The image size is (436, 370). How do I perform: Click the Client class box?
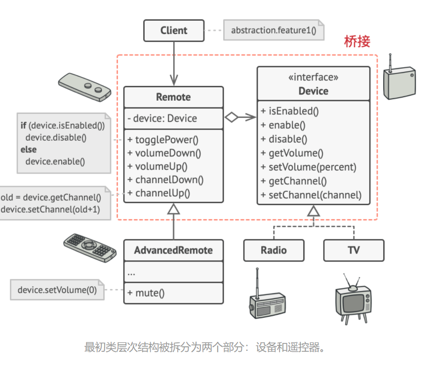[x=174, y=31]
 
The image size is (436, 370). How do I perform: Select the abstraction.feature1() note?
[x=273, y=31]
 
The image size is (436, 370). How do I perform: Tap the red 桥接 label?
[x=357, y=41]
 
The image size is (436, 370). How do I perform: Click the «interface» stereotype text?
[x=313, y=77]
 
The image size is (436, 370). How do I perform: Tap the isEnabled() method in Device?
[x=290, y=111]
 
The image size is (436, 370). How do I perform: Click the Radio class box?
[x=274, y=250]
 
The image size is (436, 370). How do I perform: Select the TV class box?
[x=354, y=250]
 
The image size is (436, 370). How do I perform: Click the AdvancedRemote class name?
[x=173, y=250]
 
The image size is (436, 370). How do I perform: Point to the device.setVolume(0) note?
[x=57, y=290]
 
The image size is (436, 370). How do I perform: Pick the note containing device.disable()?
[x=63, y=143]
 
